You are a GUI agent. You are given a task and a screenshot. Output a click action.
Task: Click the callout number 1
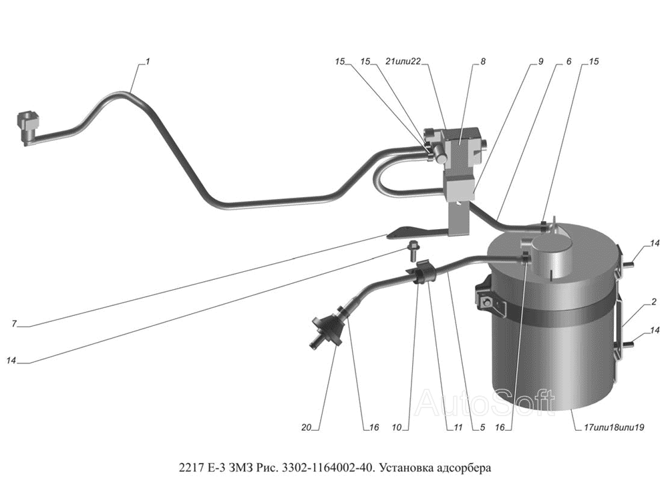(x=148, y=61)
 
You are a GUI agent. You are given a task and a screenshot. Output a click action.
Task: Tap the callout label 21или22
(x=403, y=61)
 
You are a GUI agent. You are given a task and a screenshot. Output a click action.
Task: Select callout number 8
(x=482, y=61)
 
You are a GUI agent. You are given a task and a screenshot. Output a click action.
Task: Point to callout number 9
(x=540, y=61)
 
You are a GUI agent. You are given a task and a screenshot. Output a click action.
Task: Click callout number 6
(x=568, y=61)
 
